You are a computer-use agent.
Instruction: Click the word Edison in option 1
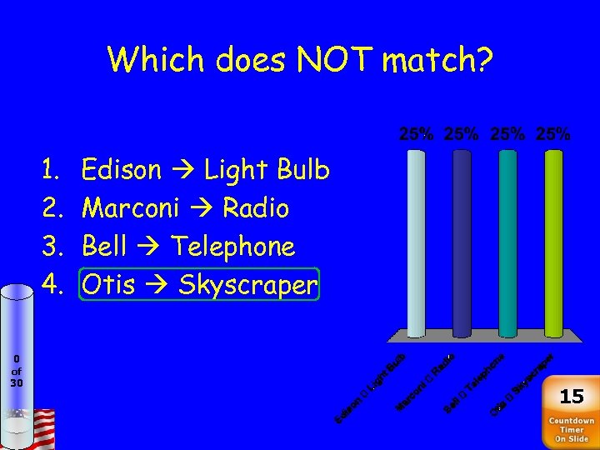point(122,170)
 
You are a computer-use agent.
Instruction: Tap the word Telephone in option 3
point(232,247)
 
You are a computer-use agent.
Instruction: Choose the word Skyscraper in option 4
point(247,285)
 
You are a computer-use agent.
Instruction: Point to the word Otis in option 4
point(108,285)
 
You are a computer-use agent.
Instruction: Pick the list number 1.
point(49,170)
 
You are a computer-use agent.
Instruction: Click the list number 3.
point(49,247)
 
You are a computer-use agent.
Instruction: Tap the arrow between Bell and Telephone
point(148,247)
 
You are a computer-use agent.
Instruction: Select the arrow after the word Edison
point(182,171)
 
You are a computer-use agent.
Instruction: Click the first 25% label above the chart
point(416,133)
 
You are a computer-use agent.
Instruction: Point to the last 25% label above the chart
point(553,133)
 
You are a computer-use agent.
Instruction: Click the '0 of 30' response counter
point(17,371)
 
